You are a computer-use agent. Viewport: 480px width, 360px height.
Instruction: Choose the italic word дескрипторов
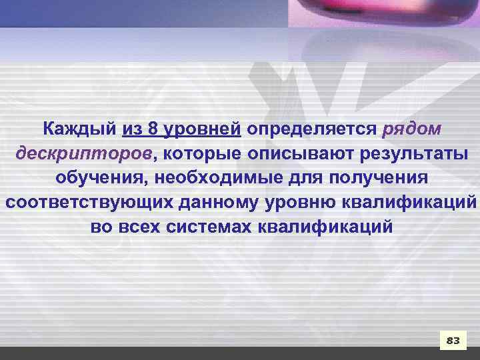click(84, 153)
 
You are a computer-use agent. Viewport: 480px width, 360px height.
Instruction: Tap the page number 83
click(453, 341)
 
